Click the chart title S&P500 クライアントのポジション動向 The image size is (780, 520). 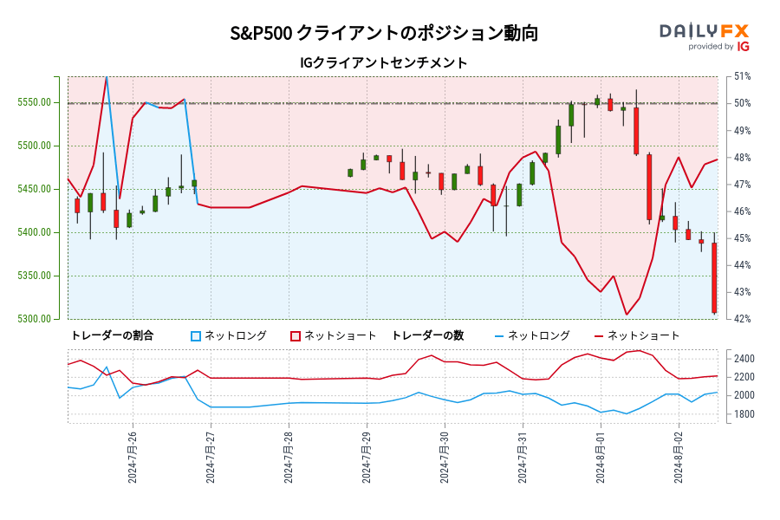[383, 34]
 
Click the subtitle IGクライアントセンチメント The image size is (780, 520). [383, 63]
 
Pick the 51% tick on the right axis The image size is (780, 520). [743, 76]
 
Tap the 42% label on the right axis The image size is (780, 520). [743, 319]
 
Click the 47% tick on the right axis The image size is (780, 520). [743, 185]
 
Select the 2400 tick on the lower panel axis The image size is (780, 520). [745, 359]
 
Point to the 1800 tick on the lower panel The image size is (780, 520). [745, 414]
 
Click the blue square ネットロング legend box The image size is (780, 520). [196, 335]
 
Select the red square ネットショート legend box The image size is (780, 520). [295, 335]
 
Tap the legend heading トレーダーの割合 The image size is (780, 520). [112, 335]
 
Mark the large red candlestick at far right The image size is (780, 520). [714, 277]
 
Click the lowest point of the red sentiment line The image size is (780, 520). [627, 315]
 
